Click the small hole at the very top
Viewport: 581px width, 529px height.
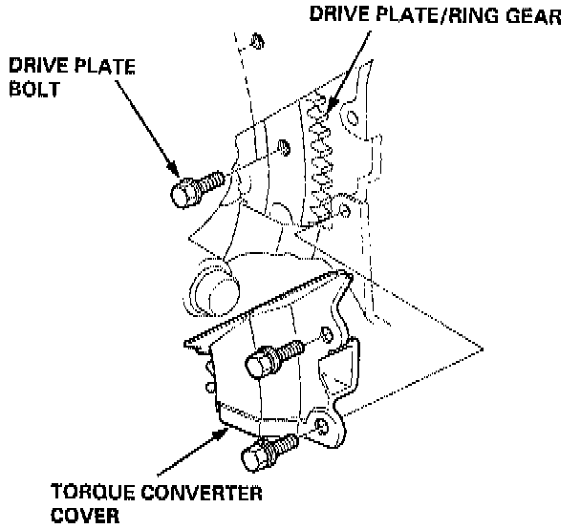(257, 39)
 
